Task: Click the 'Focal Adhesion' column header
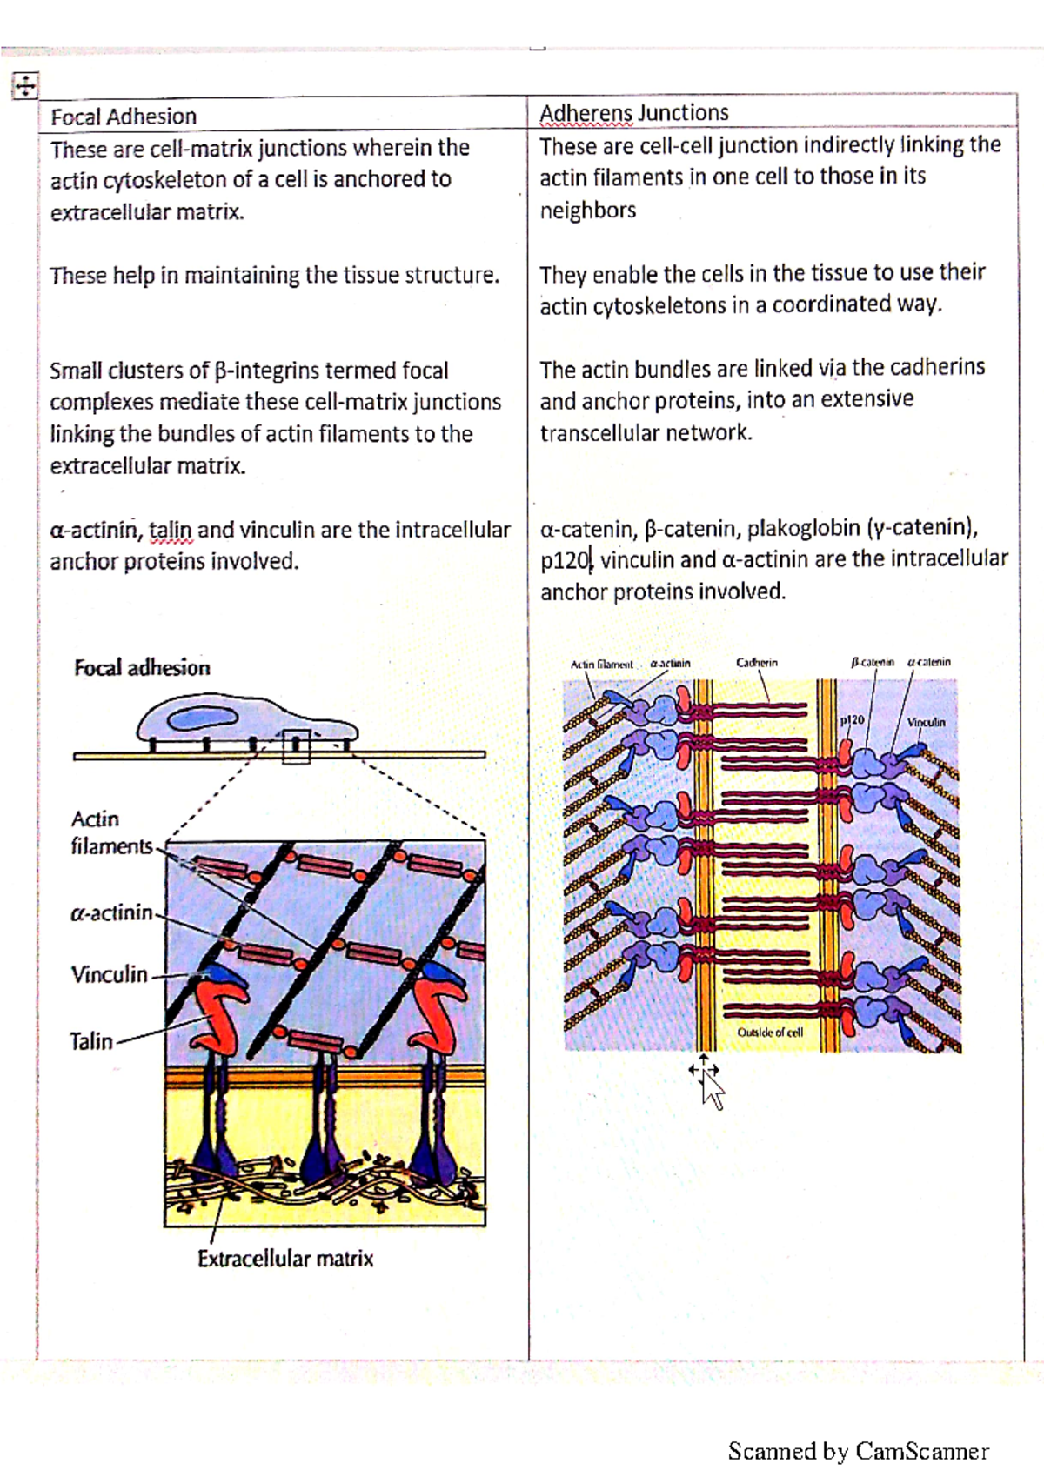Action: coord(124,117)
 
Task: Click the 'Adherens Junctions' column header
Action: coord(633,113)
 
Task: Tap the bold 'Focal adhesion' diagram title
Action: coord(142,668)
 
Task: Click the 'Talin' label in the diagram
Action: coord(91,1041)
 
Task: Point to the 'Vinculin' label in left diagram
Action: coord(109,974)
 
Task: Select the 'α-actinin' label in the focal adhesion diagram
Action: coord(111,912)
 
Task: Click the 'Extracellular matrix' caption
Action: coord(284,1259)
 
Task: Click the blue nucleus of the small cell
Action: coord(204,718)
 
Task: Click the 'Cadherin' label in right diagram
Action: coord(757,663)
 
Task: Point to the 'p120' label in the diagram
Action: coord(853,720)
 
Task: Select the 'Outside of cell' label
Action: coord(770,1033)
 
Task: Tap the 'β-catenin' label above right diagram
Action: coord(872,663)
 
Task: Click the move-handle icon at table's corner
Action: coord(24,85)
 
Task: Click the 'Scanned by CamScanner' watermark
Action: coord(858,1451)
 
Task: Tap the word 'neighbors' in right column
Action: coord(587,211)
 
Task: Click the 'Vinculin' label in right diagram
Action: coord(926,723)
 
